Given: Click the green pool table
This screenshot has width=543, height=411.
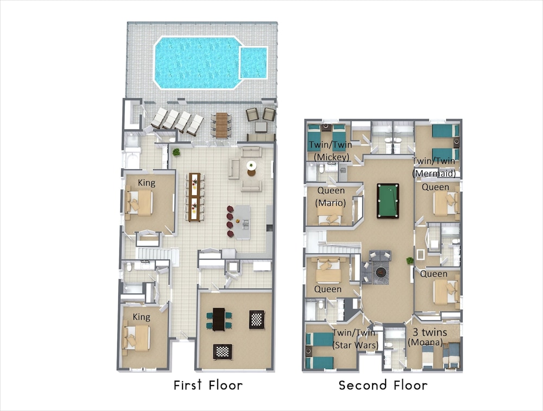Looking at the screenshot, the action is tap(388, 201).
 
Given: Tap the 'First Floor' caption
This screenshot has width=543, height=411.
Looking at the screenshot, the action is tap(208, 385).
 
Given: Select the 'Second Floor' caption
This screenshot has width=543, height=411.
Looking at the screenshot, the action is tap(383, 385).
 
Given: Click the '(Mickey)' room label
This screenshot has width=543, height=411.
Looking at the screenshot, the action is tap(331, 157).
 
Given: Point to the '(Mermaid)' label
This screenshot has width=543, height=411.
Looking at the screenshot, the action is tap(434, 173).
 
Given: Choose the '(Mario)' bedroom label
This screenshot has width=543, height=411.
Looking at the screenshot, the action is tap(331, 203).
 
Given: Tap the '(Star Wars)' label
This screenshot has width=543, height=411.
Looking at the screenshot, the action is tap(355, 345).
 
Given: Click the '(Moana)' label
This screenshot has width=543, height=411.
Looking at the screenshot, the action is tap(425, 343).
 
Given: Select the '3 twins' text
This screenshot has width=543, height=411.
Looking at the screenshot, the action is tap(430, 332).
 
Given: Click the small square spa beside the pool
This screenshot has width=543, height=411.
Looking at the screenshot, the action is tap(254, 62).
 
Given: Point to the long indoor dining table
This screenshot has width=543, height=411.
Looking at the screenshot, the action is tap(194, 197).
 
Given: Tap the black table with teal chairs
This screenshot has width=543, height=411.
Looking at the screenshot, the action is tap(219, 319).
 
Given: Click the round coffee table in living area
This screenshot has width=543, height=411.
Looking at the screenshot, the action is tap(251, 166).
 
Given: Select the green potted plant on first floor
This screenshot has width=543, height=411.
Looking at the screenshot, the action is tap(176, 151).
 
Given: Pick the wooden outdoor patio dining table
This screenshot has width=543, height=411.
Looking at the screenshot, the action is tap(222, 125).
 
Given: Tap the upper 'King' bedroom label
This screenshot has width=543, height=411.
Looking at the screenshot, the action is tap(147, 182).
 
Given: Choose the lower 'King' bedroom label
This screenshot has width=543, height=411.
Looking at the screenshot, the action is tap(141, 317).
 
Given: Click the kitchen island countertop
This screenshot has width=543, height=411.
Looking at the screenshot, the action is tap(243, 222).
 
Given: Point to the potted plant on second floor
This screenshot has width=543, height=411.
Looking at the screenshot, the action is tap(410, 261).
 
